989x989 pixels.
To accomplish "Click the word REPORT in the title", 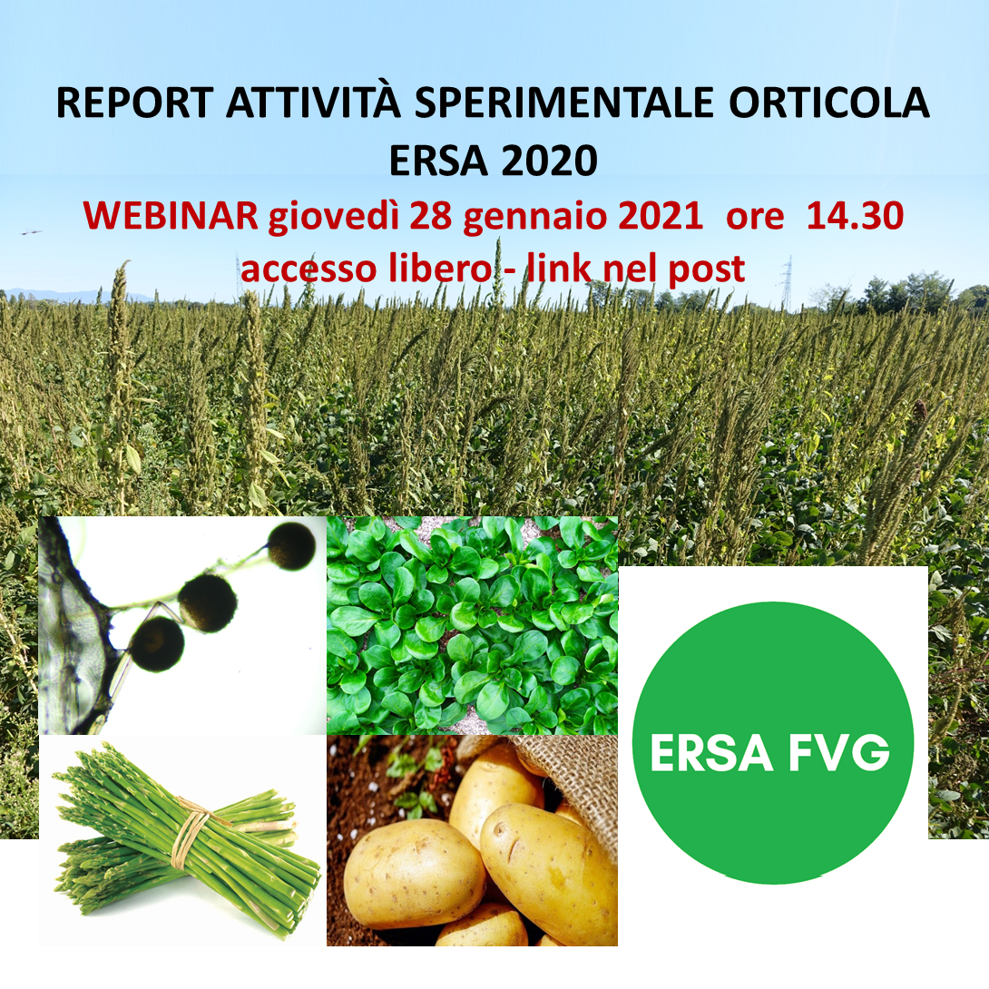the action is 135,103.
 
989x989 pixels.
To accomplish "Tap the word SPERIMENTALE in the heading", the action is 563,103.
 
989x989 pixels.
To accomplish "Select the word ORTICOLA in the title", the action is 828,103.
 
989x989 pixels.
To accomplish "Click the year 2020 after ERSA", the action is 550,161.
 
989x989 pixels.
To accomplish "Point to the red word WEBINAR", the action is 171,216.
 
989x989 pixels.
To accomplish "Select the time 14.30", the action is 856,216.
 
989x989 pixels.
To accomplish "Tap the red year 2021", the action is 661,216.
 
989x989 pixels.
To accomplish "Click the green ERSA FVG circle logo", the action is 773,743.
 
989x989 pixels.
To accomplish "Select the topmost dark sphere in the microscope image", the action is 291,546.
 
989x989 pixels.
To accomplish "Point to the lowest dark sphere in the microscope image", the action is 156,644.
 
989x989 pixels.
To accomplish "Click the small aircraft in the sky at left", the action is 30,233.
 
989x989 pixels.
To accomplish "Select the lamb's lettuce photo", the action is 473,626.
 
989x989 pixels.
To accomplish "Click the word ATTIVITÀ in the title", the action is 313,100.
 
